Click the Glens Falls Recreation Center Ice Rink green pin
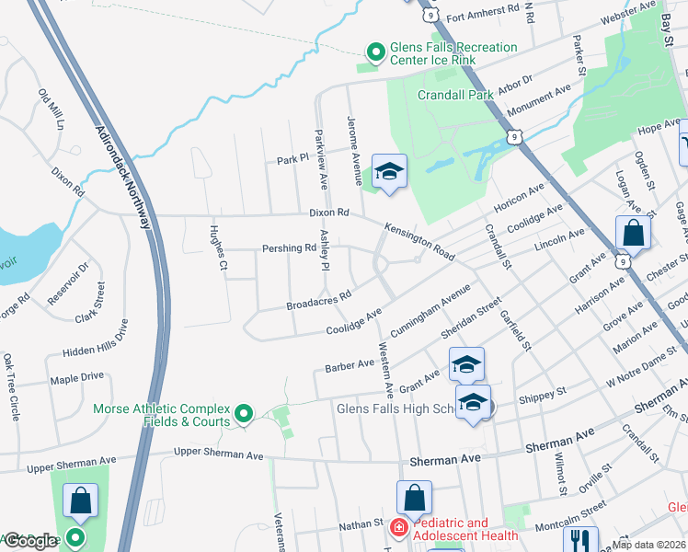click(374, 53)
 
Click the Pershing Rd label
click(290, 248)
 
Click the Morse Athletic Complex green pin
click(244, 415)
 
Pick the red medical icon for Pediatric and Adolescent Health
click(398, 528)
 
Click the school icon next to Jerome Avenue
click(389, 172)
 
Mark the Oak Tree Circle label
click(11, 387)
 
